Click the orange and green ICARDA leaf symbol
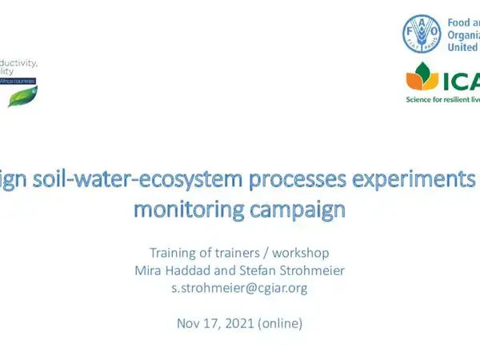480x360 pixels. coord(422,78)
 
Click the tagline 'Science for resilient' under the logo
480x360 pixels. coord(440,99)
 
